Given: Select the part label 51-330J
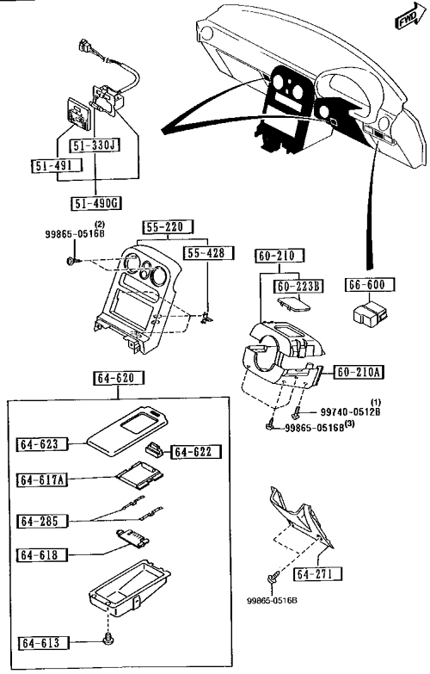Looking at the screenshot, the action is point(95,145).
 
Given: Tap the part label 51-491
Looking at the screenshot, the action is point(57,165).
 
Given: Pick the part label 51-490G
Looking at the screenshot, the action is point(95,203).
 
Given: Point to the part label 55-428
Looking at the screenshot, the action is point(209,253).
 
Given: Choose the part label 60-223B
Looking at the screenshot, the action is point(299,286).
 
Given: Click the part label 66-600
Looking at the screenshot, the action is point(370,285).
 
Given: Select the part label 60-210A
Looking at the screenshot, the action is point(359,372).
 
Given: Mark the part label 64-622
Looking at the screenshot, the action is point(197,452).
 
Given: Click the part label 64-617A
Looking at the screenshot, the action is point(42,479).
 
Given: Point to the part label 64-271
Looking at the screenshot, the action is point(318,574).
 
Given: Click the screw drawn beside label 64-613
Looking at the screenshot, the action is point(107,640).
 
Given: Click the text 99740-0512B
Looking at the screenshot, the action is point(350,411).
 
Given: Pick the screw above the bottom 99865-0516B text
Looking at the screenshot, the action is point(273,578).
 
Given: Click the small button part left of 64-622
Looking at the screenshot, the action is point(155,448).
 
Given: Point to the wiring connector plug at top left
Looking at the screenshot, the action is point(85,46).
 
